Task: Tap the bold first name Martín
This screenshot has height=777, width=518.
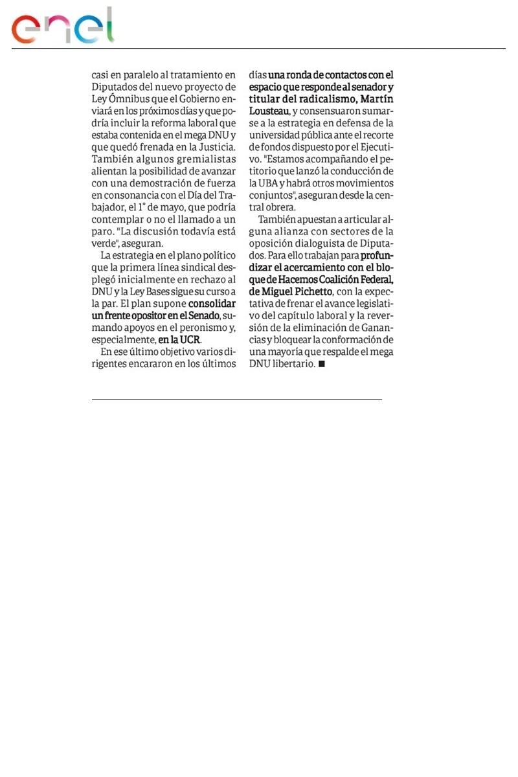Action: point(376,99)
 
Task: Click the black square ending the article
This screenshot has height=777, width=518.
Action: point(322,364)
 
